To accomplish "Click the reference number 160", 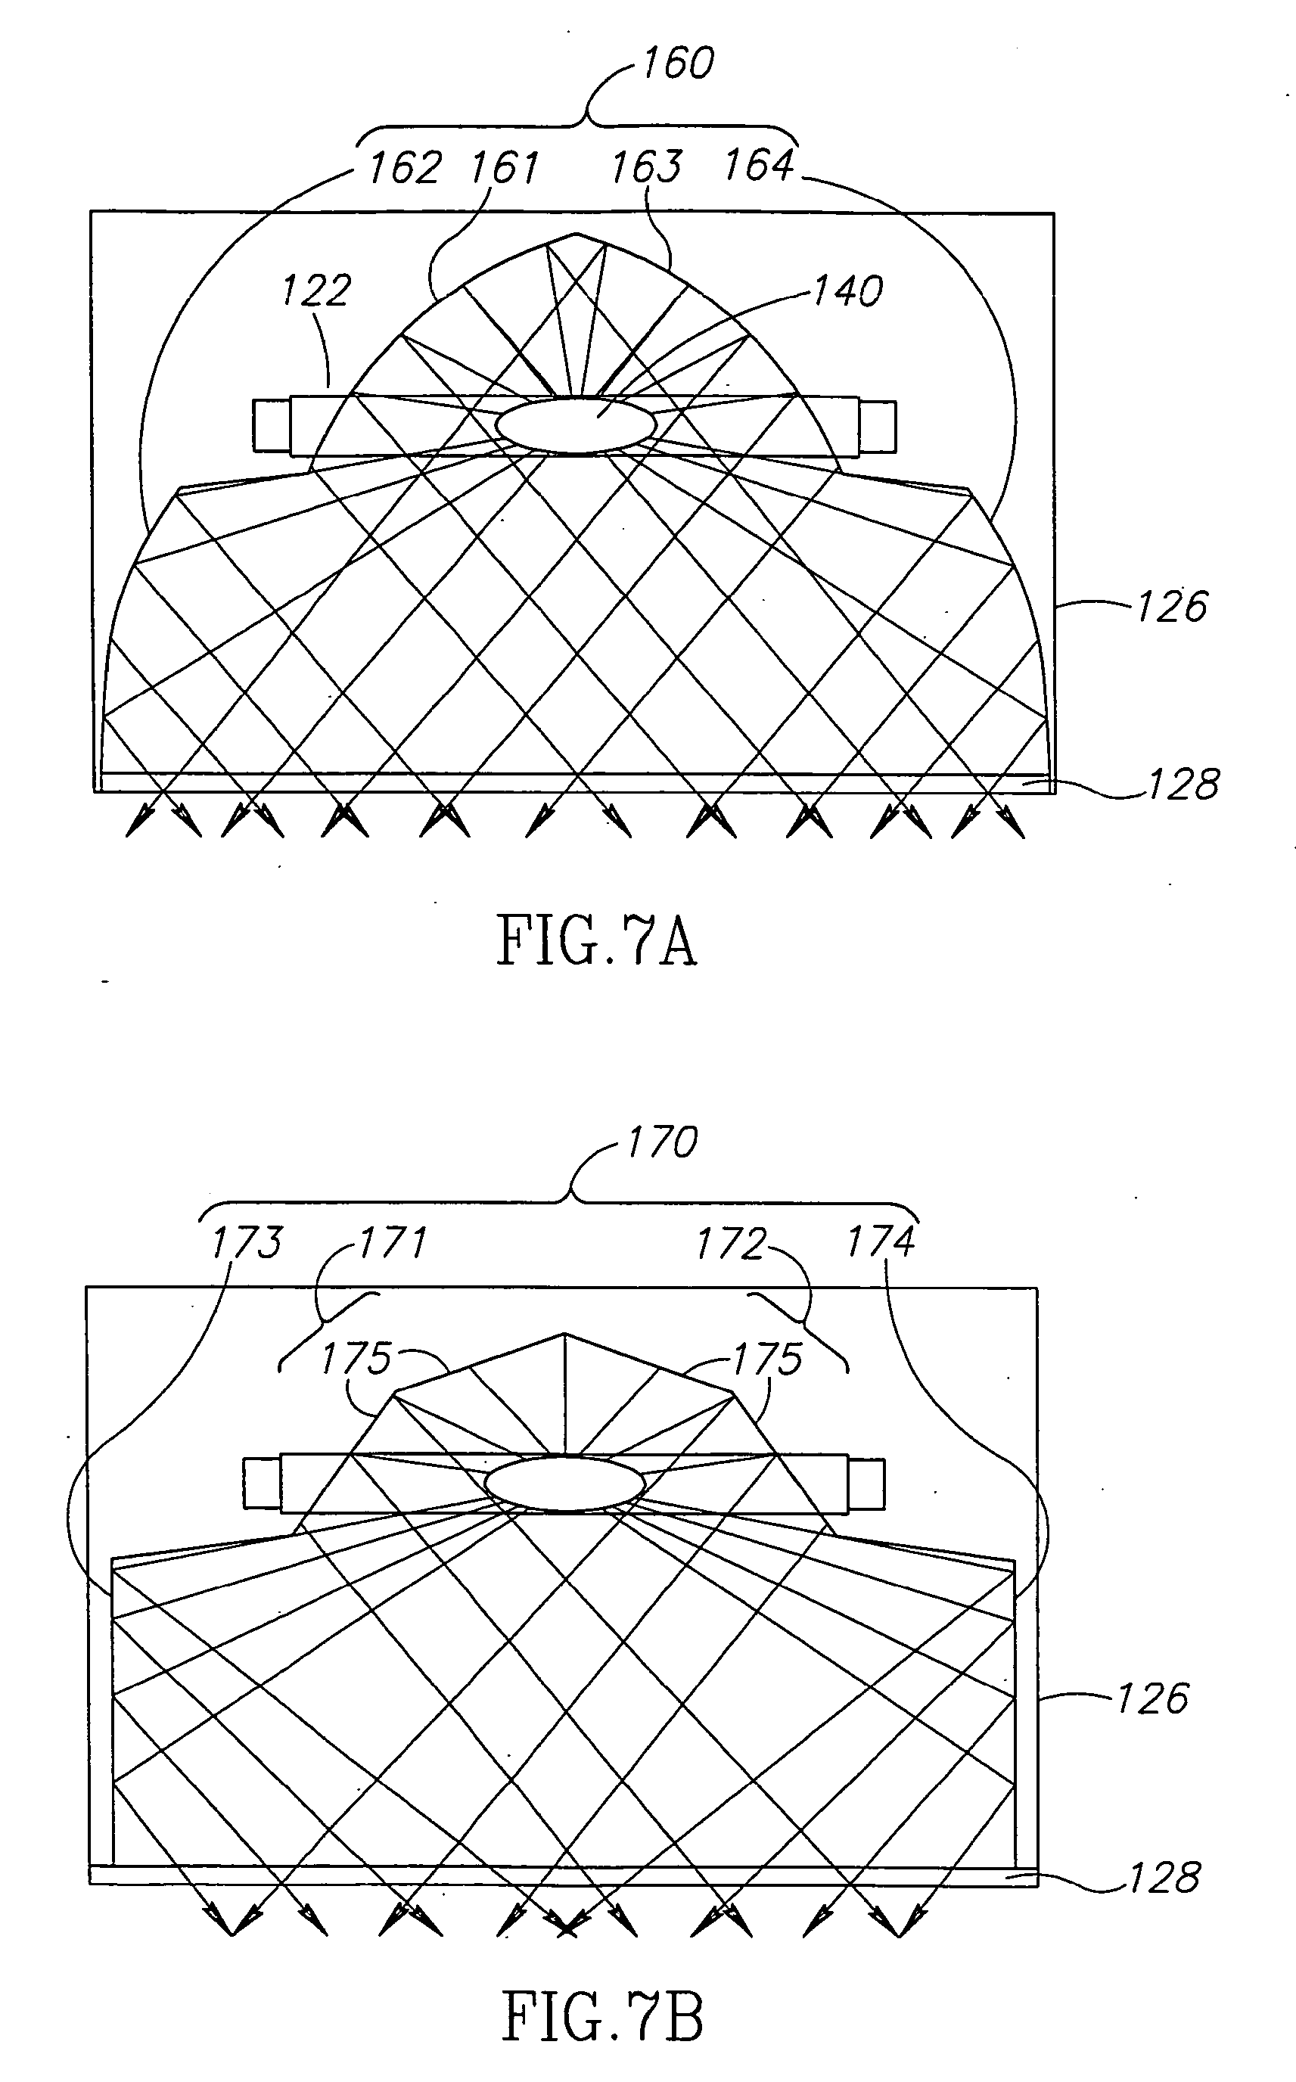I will [x=677, y=64].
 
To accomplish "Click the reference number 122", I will [x=316, y=291].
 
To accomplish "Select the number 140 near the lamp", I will [x=847, y=291].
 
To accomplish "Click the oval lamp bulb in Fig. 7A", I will [x=575, y=425].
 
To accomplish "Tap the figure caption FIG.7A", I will [x=597, y=941].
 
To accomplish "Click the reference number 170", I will [x=663, y=1142].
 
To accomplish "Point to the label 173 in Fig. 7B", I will [x=247, y=1242].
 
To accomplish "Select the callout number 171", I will [x=392, y=1242].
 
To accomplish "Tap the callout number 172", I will [x=729, y=1244].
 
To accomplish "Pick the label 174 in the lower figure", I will [x=881, y=1242].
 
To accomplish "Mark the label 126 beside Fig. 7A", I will [x=1171, y=607].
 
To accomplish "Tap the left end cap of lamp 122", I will [x=271, y=425].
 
